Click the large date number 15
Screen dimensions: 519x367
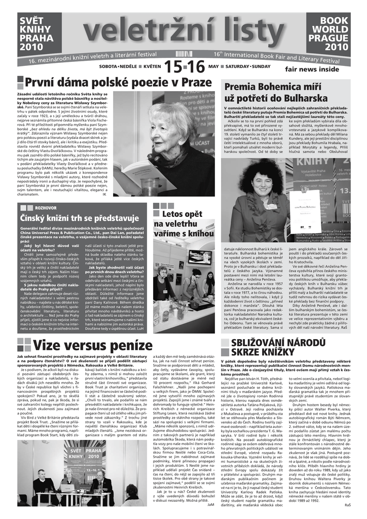(173, 66)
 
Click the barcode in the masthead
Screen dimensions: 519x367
(186, 53)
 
